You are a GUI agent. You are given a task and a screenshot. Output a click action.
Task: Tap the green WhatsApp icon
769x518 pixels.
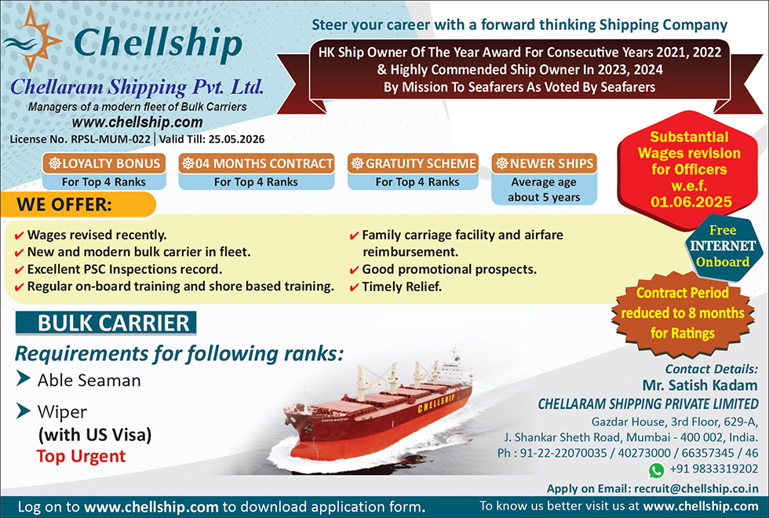(656, 470)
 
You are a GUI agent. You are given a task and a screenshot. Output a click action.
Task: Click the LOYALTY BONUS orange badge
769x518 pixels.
(104, 163)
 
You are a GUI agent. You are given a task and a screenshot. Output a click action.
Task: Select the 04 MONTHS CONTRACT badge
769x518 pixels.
(256, 163)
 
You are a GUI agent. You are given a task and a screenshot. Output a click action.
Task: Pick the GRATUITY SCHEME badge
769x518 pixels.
(414, 163)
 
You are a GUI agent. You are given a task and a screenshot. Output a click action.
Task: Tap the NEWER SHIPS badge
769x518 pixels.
(543, 163)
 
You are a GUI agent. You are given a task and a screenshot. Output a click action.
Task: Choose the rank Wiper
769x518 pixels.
(62, 411)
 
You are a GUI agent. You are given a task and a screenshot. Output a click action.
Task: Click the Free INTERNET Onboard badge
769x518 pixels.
(723, 246)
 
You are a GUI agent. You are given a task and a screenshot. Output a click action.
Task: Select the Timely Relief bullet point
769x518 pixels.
(401, 286)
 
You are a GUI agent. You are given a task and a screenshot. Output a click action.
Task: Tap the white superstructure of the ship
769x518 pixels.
(453, 370)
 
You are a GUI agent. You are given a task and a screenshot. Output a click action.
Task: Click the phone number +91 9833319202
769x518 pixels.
(713, 470)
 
